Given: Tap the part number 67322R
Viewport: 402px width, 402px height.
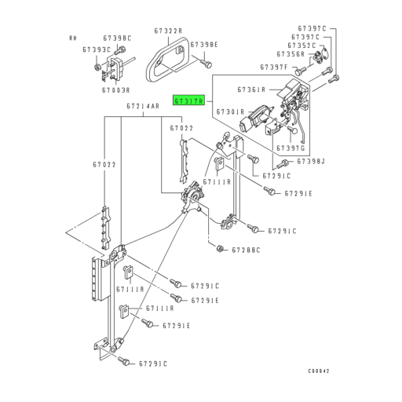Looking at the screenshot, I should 169,31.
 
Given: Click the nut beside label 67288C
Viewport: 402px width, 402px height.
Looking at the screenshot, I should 220,249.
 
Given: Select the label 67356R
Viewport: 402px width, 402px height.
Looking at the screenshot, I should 300,55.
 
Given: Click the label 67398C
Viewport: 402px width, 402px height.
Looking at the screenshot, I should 117,38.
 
